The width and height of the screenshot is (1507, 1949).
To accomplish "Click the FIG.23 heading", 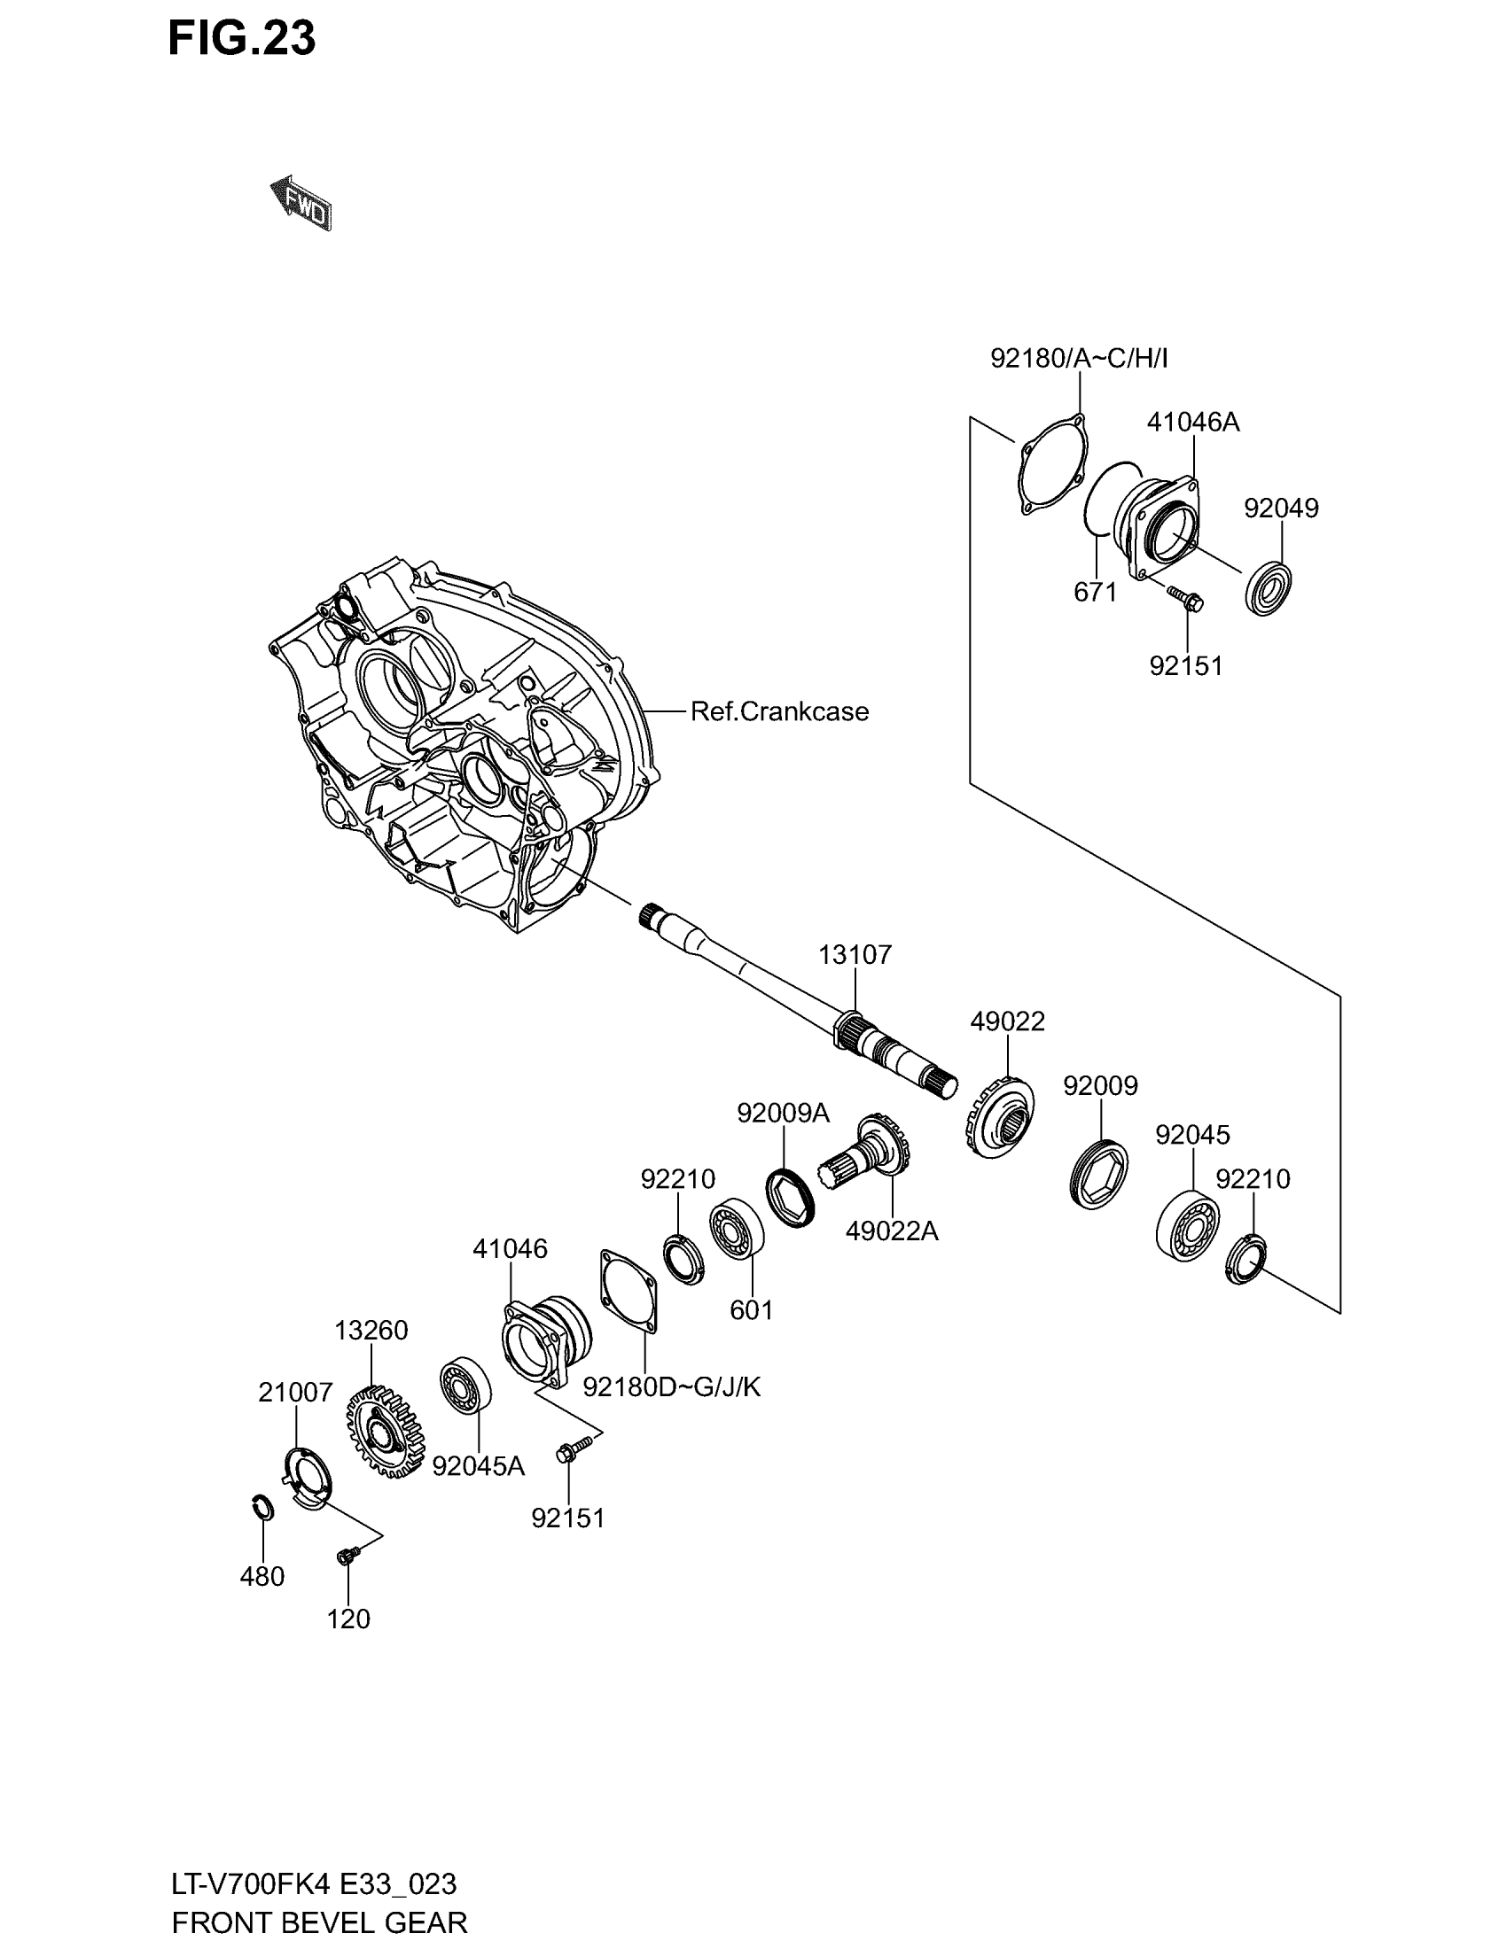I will coord(242,39).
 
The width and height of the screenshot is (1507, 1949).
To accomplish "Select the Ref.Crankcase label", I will coord(779,711).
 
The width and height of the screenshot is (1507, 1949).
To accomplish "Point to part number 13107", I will coord(855,955).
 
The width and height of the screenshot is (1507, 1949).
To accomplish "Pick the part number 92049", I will coord(1280,508).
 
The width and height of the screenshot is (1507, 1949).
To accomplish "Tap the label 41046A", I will coord(1192,422).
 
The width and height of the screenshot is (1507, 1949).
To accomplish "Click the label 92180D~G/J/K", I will coord(671,1386).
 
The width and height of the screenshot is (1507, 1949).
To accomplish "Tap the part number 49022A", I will coord(891,1231).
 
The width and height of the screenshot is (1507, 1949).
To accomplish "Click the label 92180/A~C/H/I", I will coord(1079,359).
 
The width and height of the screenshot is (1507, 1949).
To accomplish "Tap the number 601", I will coord(751,1310).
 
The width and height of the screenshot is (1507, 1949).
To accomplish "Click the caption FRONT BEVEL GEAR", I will coord(319,1922).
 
